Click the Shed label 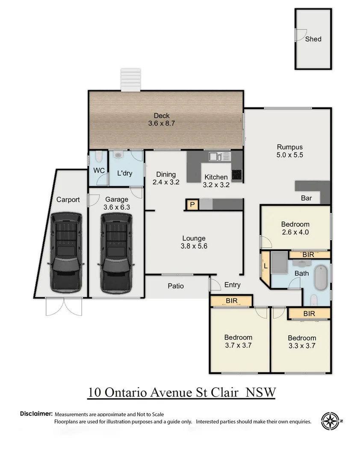coord(313,39)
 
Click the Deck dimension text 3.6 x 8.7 coord(162,123)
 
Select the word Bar coord(306,198)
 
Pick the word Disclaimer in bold coord(36,414)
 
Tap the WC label coord(99,170)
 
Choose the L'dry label coord(125,174)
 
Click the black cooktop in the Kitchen coord(236,175)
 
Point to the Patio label coord(176,286)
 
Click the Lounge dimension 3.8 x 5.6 coord(194,246)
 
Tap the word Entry coord(232,285)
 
